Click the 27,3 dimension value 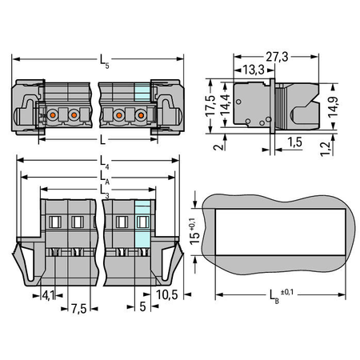coord(277,57)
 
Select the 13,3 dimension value coord(254,70)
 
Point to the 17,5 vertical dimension coord(210,106)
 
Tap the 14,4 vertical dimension coord(226,104)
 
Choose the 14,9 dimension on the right coord(333,106)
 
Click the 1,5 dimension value coord(294,142)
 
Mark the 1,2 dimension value coord(325,149)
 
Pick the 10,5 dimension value coord(166,294)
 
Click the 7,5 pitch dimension coord(78,309)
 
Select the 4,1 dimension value coord(48,295)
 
